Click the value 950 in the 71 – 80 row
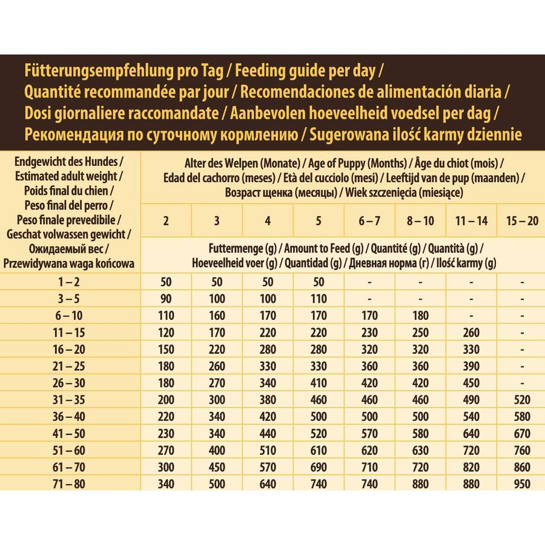(x=521, y=484)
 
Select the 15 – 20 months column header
(x=521, y=220)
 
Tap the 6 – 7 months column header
(x=369, y=220)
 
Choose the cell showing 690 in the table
(x=319, y=467)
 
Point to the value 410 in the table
(x=319, y=383)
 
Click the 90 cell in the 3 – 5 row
(x=166, y=299)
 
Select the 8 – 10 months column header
(x=420, y=220)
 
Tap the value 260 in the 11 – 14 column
(x=471, y=332)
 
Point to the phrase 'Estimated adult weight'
(x=70, y=176)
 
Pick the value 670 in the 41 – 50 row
(x=521, y=434)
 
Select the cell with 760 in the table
(x=521, y=451)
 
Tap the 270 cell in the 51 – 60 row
(x=166, y=451)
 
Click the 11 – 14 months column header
(x=471, y=220)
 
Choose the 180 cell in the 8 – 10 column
(x=420, y=315)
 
